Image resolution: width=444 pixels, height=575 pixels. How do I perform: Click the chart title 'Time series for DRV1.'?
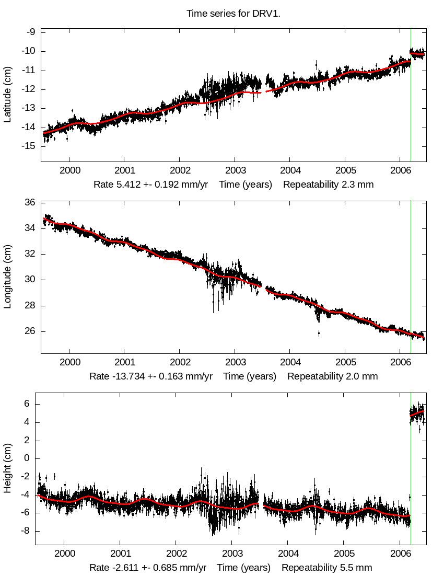pyautogui.click(x=233, y=14)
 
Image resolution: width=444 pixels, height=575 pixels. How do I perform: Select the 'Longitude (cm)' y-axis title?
pyautogui.click(x=7, y=277)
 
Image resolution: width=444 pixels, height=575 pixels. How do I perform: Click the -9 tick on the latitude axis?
pyautogui.click(x=31, y=32)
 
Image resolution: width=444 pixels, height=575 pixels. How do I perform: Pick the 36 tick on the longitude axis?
pyautogui.click(x=30, y=203)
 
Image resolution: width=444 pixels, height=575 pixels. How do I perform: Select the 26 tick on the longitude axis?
pyautogui.click(x=30, y=331)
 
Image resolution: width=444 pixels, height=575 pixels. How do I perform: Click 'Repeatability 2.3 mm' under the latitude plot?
pyautogui.click(x=329, y=185)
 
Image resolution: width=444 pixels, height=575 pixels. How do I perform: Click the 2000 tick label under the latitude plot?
pyautogui.click(x=70, y=170)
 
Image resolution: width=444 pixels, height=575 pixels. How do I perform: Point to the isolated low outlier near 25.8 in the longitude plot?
pyautogui.click(x=319, y=332)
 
